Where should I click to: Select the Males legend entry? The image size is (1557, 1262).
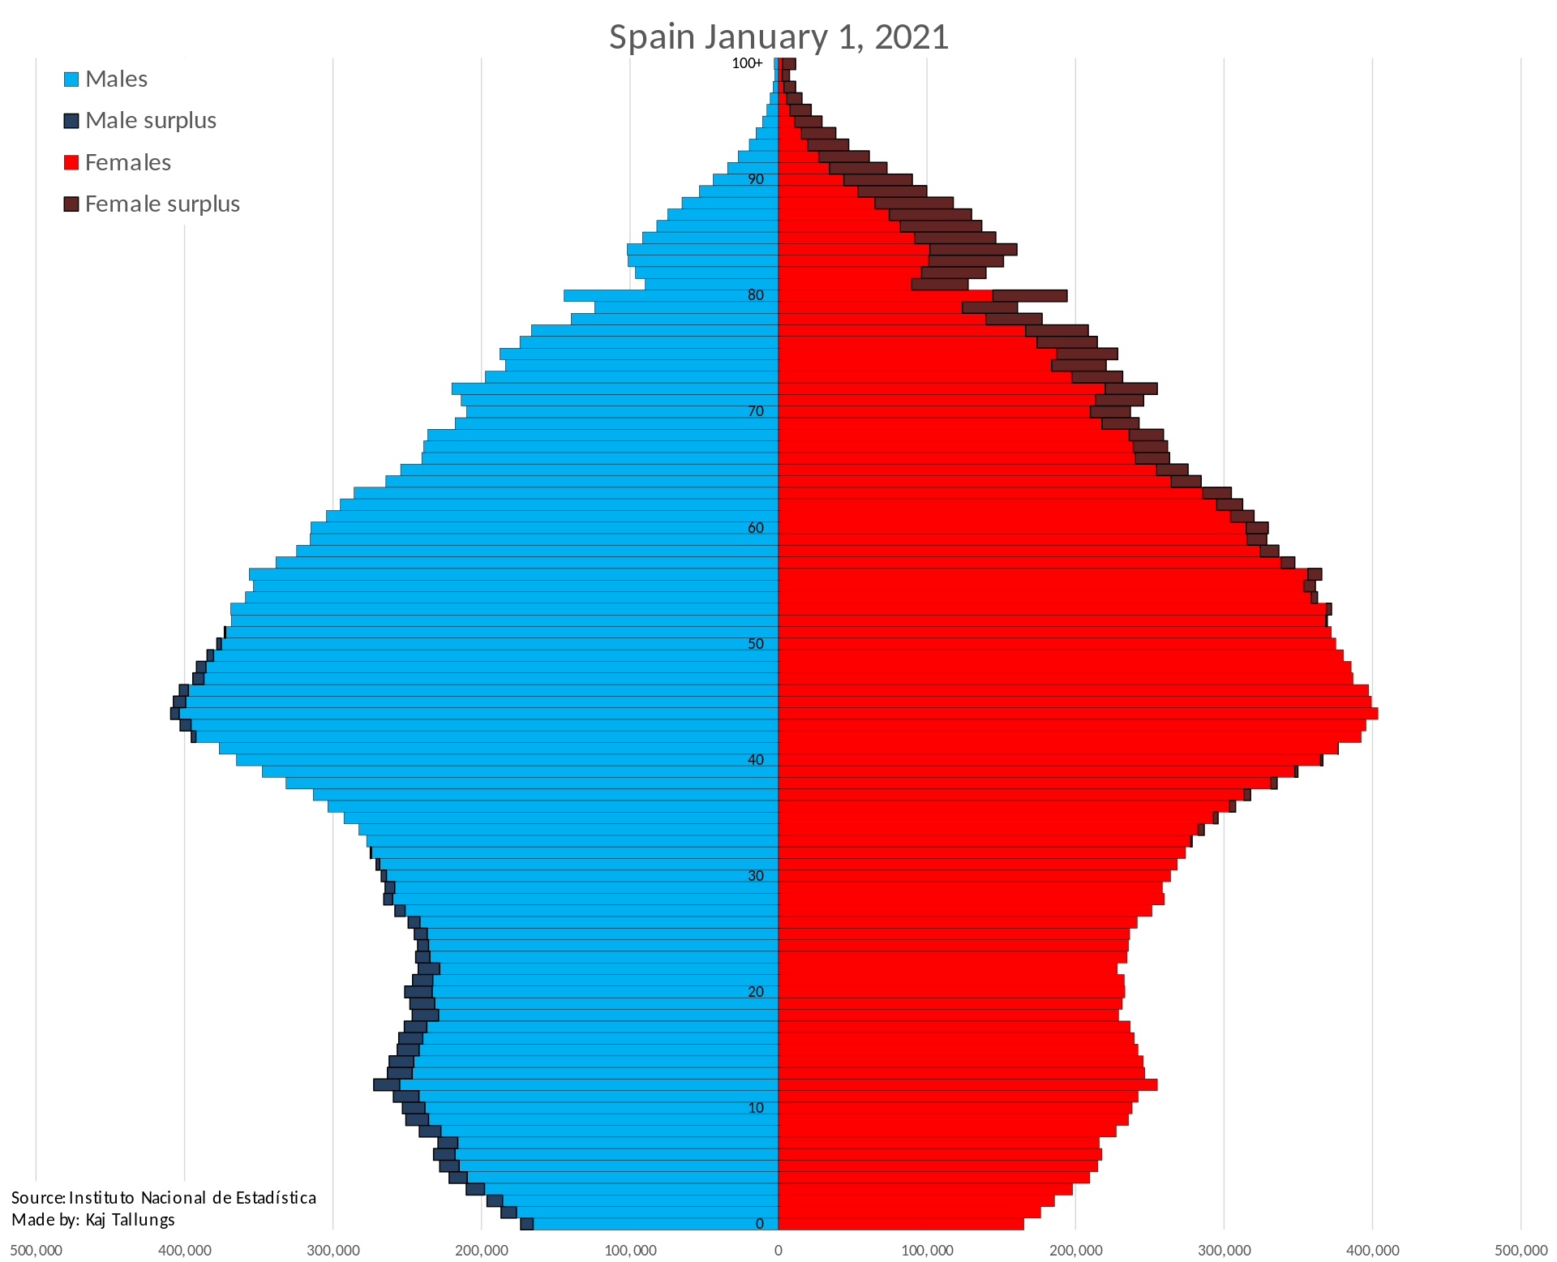point(105,79)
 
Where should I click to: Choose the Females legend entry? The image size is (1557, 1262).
point(118,162)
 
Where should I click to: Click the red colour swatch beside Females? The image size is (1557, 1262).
point(71,162)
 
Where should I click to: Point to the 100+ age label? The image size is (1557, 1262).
point(747,63)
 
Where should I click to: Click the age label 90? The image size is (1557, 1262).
point(756,179)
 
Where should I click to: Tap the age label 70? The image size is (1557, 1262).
point(756,411)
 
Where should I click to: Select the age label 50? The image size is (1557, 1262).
point(756,643)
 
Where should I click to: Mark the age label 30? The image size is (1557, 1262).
point(756,875)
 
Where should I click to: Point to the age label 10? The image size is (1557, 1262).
point(756,1107)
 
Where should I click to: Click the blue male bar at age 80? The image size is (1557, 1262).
point(671,296)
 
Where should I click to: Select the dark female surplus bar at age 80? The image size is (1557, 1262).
point(1030,296)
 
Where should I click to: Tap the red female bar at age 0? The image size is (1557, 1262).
point(901,1224)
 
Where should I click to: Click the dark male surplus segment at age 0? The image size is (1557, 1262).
point(526,1224)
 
